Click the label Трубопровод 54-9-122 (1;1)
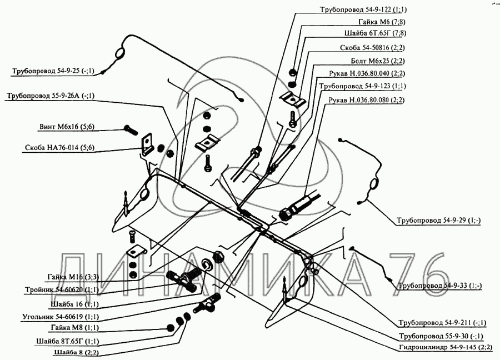(363, 9)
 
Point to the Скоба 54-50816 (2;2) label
(372, 48)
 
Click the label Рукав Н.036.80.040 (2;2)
(367, 73)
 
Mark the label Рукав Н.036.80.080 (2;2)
(366, 99)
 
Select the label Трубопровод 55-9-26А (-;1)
(51, 96)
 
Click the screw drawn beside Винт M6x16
(130, 129)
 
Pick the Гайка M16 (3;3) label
(73, 277)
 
